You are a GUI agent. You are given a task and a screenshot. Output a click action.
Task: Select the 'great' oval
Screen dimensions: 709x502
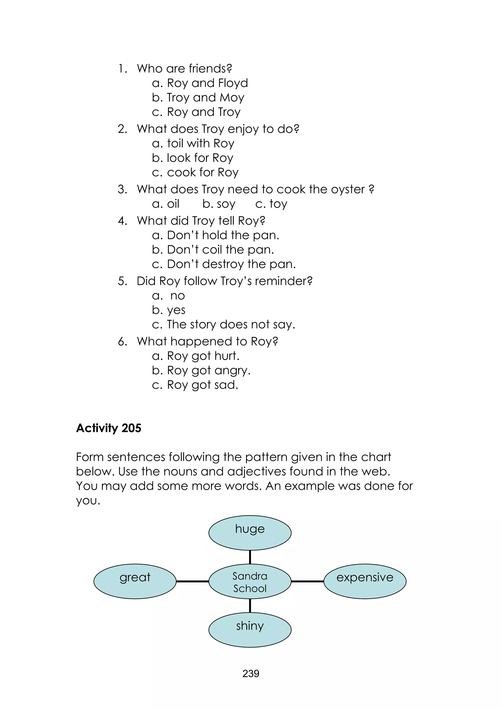pyautogui.click(x=135, y=581)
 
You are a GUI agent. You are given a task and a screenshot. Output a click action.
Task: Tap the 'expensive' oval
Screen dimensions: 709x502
pyautogui.click(x=365, y=581)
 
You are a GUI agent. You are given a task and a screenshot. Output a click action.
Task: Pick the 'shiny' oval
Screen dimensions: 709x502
pyautogui.click(x=250, y=630)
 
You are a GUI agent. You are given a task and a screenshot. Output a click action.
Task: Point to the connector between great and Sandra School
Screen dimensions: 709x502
pyautogui.click(x=192, y=581)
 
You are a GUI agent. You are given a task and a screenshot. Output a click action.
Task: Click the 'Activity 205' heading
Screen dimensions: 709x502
pyautogui.click(x=109, y=428)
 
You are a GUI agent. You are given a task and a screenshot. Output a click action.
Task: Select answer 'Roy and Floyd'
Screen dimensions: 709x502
pyautogui.click(x=207, y=83)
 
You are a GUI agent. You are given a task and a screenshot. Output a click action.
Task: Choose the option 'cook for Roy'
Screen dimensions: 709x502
pyautogui.click(x=202, y=172)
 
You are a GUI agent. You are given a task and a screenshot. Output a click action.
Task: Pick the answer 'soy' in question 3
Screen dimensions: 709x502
pyautogui.click(x=226, y=204)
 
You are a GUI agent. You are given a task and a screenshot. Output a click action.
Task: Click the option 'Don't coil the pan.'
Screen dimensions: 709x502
pyautogui.click(x=220, y=249)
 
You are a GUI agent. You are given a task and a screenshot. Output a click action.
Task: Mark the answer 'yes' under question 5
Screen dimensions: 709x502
pyautogui.click(x=176, y=310)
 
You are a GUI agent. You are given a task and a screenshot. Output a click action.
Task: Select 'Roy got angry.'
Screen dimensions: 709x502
pyautogui.click(x=209, y=370)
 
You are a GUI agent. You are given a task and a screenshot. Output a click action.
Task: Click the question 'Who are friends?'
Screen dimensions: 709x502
pyautogui.click(x=184, y=69)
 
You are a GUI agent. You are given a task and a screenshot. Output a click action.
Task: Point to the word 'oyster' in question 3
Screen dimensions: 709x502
pyautogui.click(x=348, y=189)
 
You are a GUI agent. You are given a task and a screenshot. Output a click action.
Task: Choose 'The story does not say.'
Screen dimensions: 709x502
pyautogui.click(x=231, y=325)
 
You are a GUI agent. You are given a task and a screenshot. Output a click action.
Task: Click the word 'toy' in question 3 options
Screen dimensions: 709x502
pyautogui.click(x=278, y=204)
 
